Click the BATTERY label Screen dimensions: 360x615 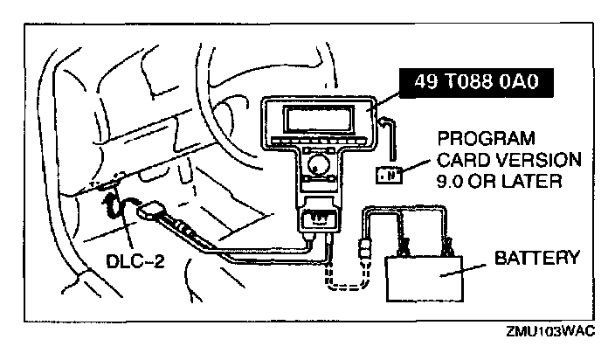(536, 259)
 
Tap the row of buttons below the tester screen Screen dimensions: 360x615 (324, 141)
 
